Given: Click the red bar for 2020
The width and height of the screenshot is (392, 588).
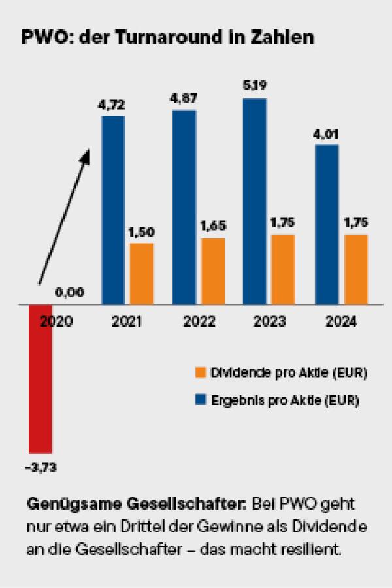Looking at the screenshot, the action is point(41,379).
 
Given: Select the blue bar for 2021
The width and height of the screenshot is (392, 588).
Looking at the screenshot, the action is point(113,210).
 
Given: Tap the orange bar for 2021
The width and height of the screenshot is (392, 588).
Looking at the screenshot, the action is point(141,274).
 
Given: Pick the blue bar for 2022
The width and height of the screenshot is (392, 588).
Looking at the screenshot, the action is point(184,207).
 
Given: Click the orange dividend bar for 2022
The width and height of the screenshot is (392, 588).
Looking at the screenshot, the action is point(213,271).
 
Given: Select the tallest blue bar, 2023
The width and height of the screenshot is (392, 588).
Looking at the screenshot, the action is point(255,201).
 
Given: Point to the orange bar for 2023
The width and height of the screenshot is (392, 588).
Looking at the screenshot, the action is point(283,270).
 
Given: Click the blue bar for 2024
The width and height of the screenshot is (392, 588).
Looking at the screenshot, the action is point(327,224).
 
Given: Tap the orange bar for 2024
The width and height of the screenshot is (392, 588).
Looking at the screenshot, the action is point(356,270).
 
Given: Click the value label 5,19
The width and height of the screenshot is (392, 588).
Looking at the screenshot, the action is point(255,86).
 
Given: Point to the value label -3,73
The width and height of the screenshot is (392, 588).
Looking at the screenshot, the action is point(41,468).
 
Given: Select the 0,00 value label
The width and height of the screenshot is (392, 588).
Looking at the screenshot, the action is point(69,292).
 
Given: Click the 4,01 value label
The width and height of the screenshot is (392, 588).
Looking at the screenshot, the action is point(325,134).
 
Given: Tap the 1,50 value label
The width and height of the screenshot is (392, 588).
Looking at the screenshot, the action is point(141,232).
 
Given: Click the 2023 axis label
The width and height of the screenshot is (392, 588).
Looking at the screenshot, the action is point(269,321).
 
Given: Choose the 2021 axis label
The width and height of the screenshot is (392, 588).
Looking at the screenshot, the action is point(126,321).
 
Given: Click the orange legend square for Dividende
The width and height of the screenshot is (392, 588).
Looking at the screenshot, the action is point(201,372).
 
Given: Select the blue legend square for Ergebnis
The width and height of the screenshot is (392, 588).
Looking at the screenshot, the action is point(201,400).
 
